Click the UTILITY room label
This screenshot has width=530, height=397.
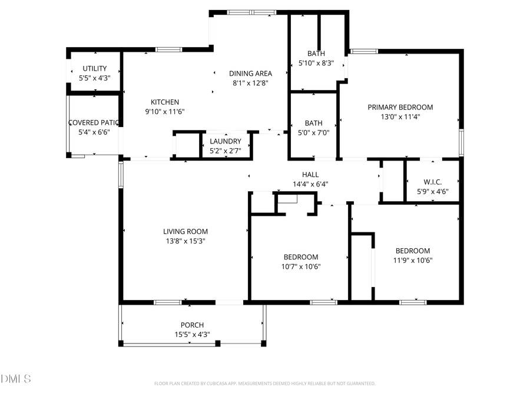[x=95, y=68]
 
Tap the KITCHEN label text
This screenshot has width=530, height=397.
[x=165, y=102]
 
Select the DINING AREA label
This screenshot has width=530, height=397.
[x=250, y=74]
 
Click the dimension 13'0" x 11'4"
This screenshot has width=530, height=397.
[x=400, y=116]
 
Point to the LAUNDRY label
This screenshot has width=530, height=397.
[x=226, y=141]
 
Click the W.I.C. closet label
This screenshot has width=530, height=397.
[x=433, y=182]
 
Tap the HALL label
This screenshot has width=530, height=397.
[x=310, y=175]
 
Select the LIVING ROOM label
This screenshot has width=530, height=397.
[x=185, y=231]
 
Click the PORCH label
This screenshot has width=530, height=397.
[x=192, y=325]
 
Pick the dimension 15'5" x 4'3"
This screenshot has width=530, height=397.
[x=192, y=334]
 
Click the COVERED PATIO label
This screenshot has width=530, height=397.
[x=94, y=123]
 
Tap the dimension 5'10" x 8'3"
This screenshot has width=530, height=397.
[x=316, y=63]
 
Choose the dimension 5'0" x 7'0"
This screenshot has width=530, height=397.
[x=313, y=132]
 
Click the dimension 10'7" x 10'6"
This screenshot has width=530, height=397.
[x=301, y=266]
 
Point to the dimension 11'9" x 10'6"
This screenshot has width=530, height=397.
[x=412, y=260]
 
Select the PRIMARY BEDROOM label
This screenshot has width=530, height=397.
[x=400, y=107]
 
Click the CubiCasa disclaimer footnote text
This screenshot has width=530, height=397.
[x=264, y=383]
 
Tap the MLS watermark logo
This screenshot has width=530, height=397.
[x=16, y=378]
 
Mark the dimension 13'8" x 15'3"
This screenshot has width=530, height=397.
[x=185, y=241]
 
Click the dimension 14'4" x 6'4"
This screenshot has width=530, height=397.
[x=310, y=184]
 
